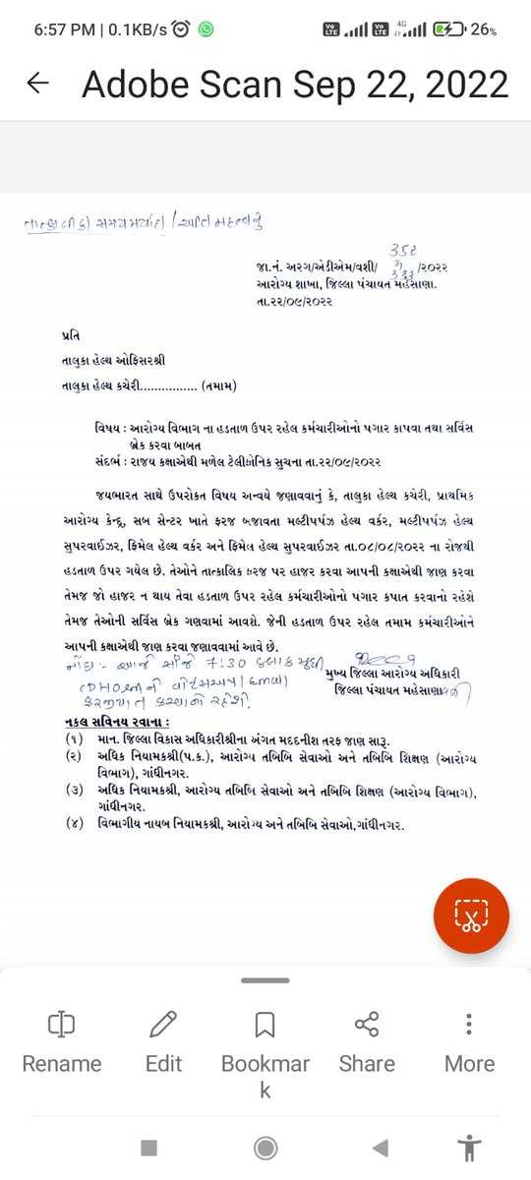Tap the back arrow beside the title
point(37,84)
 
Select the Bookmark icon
point(265,1026)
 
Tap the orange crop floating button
point(471,915)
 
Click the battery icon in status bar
point(450,29)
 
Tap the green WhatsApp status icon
point(206,29)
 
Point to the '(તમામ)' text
point(218,385)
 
